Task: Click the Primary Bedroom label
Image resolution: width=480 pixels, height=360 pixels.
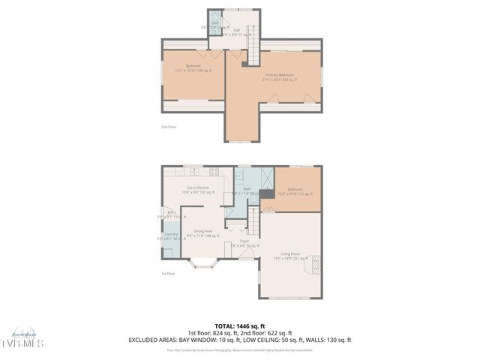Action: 277,76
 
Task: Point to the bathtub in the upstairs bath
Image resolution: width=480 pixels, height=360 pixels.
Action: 215,19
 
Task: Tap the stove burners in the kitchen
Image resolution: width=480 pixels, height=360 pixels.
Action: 214,171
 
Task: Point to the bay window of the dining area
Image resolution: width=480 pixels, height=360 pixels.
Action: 202,263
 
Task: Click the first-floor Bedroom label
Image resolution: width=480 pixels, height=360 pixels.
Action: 295,190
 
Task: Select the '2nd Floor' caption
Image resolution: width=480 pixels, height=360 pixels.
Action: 169,127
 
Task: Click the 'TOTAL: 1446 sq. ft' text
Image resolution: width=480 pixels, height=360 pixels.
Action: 239,326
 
